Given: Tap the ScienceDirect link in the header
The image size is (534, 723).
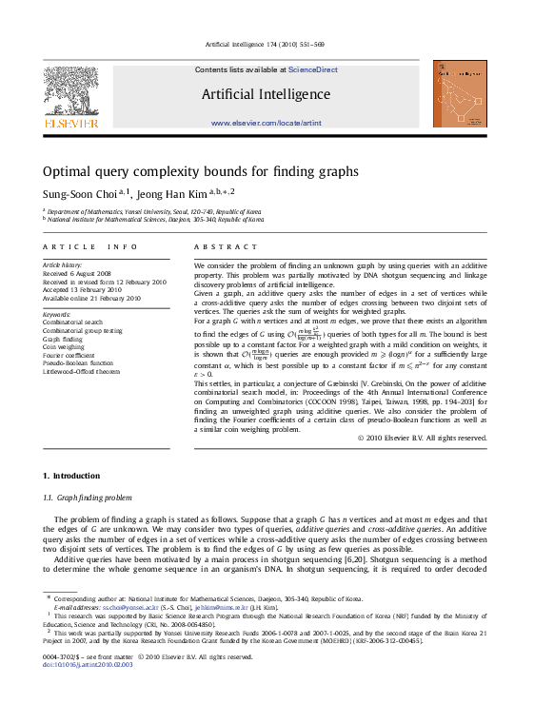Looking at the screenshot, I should pos(313,69).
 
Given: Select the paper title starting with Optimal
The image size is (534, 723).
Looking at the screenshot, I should pos(200,172).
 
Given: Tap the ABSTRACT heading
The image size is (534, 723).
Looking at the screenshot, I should pos(226,246).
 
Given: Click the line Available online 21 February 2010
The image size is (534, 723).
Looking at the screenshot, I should pos(91,298).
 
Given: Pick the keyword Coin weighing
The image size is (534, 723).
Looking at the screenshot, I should pos(64,346).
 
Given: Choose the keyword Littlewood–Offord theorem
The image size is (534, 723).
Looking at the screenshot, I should pos(82,371).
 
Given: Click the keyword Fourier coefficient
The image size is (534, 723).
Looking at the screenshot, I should pos(69,355).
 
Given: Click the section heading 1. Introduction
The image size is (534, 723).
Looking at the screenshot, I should pos(70,475).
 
